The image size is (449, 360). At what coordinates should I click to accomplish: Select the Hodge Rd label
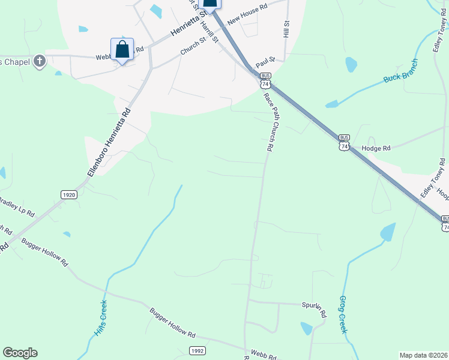coord(378,148)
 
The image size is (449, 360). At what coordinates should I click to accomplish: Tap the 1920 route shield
coord(69,194)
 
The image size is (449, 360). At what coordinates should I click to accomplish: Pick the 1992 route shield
coord(197,350)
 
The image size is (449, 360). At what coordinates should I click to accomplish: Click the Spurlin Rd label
coord(313,309)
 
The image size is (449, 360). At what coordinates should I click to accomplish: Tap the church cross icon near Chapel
coord(40,61)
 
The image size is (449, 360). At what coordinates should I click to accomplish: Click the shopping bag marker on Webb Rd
coord(122,50)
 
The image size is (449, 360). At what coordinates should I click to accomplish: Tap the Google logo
coord(20,353)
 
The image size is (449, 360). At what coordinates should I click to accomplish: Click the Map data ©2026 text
coord(424,355)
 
